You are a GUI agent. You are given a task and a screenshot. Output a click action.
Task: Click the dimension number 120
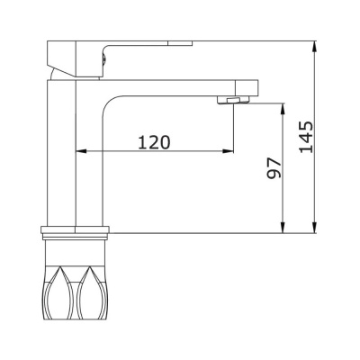pyautogui.click(x=154, y=142)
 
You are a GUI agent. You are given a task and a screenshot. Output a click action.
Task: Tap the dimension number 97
pyautogui.click(x=274, y=167)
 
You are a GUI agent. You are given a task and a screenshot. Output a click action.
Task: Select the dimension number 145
pyautogui.click(x=306, y=137)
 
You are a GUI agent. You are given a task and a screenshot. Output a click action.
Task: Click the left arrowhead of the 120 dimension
pyautogui.click(x=81, y=151)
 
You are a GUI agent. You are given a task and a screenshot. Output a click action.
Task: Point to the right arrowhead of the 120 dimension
pyautogui.click(x=228, y=151)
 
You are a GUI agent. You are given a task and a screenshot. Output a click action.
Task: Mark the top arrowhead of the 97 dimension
pyautogui.click(x=283, y=109)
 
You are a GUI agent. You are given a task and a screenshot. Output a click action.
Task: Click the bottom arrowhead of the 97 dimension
pyautogui.click(x=283, y=227)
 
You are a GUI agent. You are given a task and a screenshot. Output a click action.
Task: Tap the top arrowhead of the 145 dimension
pyautogui.click(x=314, y=46)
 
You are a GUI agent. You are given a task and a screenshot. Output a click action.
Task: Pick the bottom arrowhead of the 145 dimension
pyautogui.click(x=314, y=227)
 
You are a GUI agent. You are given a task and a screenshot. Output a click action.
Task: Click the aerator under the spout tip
pyautogui.click(x=233, y=100)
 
